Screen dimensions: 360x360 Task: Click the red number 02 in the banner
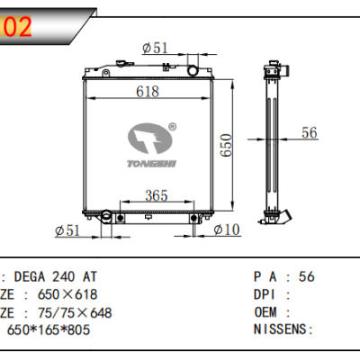pos(18,27)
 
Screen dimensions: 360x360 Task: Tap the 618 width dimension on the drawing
pos(147,92)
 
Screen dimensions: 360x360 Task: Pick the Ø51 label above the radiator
pos(156,48)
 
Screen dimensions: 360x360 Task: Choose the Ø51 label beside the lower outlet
pos(68,231)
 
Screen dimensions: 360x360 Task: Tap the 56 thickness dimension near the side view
pos(310,133)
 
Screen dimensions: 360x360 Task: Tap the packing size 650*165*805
pos(49,330)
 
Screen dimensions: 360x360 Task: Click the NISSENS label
pos(278,330)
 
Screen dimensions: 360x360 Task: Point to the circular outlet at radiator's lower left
pos(106,216)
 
